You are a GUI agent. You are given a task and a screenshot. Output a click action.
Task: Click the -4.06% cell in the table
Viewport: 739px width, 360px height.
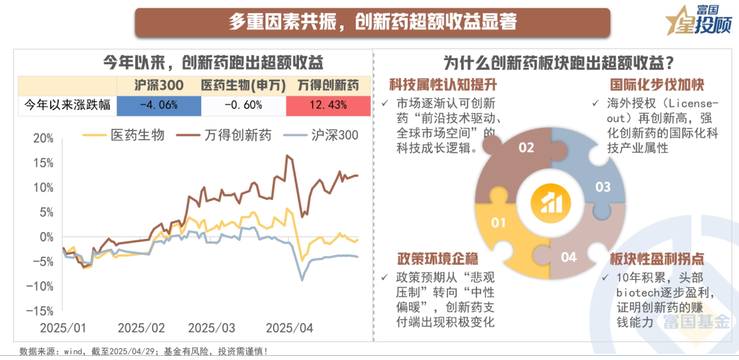coord(158,105)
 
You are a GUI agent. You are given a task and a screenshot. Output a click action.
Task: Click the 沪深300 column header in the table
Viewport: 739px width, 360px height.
coord(158,86)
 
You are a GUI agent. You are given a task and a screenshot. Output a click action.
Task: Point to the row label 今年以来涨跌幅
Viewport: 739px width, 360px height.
coord(67,105)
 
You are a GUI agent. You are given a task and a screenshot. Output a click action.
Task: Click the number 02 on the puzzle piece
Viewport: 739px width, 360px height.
coord(526,147)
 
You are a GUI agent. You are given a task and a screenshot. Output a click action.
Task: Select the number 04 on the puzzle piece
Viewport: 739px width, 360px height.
coord(569,257)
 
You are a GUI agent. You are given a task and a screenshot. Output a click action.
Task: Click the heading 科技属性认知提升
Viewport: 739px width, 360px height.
coord(443,86)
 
